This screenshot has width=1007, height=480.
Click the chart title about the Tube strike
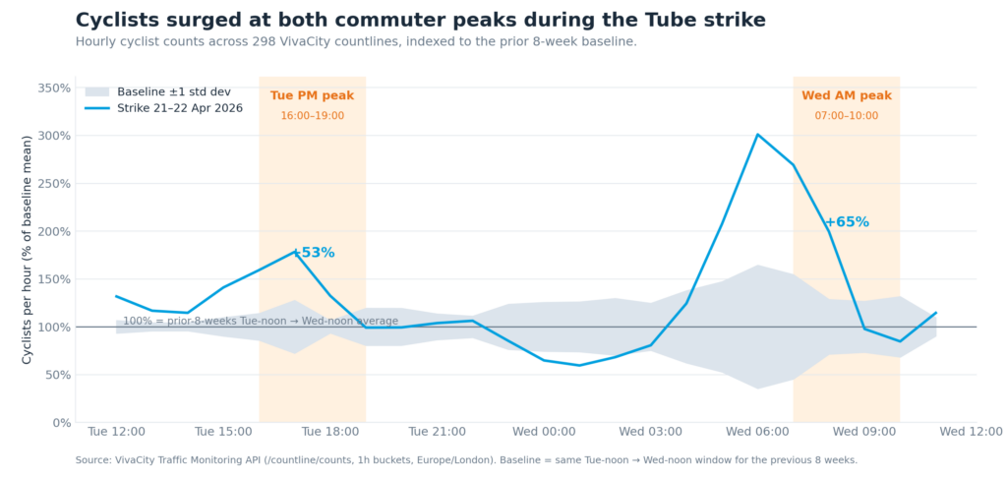click(x=420, y=21)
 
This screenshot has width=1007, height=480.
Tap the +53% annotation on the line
click(x=315, y=253)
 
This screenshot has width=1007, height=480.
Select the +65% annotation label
click(x=847, y=222)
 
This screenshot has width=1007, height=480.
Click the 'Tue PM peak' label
click(x=312, y=95)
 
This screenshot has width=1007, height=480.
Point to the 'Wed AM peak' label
click(x=846, y=95)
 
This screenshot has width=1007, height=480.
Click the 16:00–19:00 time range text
click(x=312, y=116)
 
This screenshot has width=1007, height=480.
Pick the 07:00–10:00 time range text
click(x=846, y=116)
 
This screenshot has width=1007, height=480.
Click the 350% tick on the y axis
click(x=54, y=89)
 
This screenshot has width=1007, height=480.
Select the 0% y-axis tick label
click(x=61, y=423)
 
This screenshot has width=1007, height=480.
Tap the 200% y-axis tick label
click(x=54, y=231)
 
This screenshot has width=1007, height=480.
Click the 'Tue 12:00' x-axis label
click(x=116, y=432)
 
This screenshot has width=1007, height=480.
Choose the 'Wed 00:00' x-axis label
click(x=544, y=432)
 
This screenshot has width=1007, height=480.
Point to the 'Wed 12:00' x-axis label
click(x=971, y=432)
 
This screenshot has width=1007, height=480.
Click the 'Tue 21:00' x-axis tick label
click(x=437, y=432)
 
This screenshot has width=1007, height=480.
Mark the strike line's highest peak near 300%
click(x=757, y=135)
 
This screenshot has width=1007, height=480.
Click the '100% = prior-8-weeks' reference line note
click(x=260, y=321)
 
